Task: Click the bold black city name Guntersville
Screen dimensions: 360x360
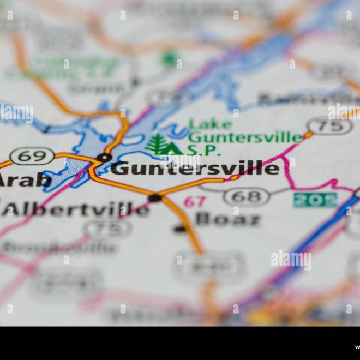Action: [195, 168]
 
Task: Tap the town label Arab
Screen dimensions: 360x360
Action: [25, 179]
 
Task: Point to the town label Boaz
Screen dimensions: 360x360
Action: [228, 219]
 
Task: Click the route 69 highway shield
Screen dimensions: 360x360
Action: [32, 156]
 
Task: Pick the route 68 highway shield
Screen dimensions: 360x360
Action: [247, 196]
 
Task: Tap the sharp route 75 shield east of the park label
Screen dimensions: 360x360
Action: [329, 127]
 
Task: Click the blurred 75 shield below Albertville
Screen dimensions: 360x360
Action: [108, 229]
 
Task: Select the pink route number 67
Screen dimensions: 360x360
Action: [194, 202]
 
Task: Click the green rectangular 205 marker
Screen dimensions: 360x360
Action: [315, 200]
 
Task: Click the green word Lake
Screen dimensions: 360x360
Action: [210, 125]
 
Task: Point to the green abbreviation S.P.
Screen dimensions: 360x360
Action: [203, 150]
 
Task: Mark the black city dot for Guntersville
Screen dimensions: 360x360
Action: [104, 158]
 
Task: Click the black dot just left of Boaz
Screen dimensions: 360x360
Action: [180, 229]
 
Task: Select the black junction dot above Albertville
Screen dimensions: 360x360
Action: [155, 197]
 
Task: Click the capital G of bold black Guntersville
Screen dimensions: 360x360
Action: [120, 168]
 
